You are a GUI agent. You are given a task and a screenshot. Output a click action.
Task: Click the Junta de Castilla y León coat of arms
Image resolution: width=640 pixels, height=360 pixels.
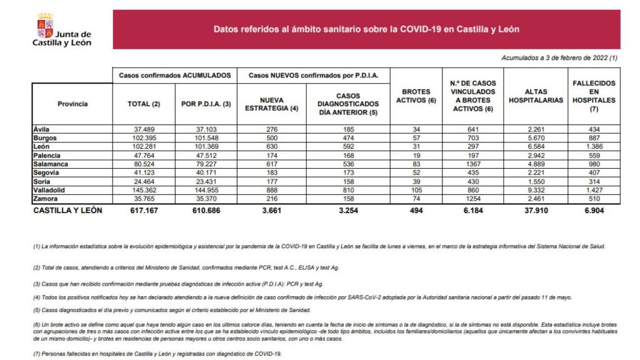46,24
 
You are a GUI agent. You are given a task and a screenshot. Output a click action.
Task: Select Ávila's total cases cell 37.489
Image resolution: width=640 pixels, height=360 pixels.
144,129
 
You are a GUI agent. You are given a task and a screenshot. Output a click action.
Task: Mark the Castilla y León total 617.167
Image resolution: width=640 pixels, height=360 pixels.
144,211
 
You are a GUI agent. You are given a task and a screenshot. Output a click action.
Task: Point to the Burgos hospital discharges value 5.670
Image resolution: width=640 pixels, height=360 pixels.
535,137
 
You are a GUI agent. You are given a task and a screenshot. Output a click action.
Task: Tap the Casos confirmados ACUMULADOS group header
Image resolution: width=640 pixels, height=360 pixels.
175,74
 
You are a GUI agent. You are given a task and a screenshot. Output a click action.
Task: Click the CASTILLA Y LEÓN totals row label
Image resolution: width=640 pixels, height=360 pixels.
67,211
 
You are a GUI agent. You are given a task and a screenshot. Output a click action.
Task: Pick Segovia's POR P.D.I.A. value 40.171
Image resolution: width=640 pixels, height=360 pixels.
206,171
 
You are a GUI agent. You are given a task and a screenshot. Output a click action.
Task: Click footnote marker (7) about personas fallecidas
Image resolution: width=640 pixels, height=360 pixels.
37,354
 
